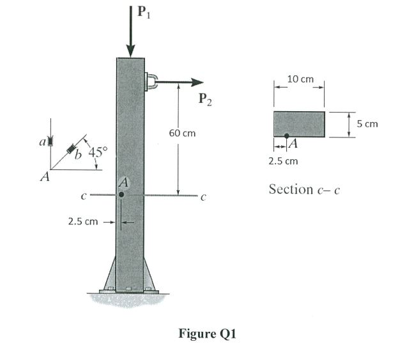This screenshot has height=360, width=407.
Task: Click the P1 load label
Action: click(x=146, y=12)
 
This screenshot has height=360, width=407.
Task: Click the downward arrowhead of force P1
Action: click(x=131, y=51)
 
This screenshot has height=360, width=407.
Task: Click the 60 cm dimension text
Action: click(x=182, y=134)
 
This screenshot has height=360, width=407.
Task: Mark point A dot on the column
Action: click(x=121, y=194)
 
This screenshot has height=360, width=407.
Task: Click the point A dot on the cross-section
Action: click(x=286, y=136)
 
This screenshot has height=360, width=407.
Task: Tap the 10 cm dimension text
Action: click(x=300, y=79)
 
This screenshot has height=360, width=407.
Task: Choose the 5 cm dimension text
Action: click(x=367, y=123)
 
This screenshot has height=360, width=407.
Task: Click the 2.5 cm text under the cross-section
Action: click(x=283, y=160)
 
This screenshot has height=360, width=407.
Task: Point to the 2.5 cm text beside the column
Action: click(x=83, y=223)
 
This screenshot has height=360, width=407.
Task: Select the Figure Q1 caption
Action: click(x=208, y=333)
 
